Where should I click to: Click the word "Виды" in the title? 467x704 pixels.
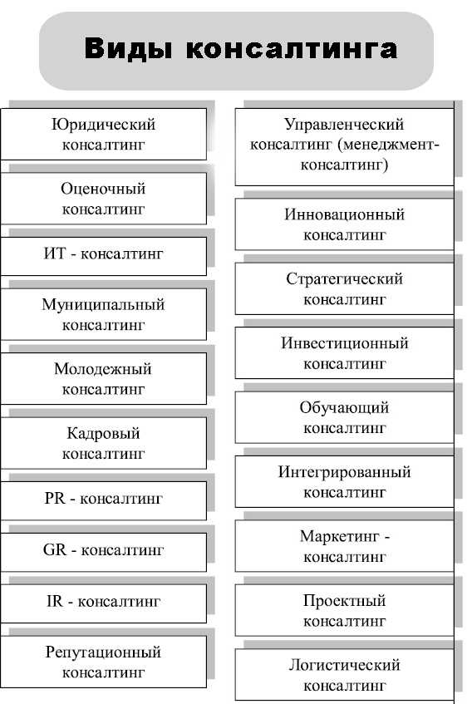tap(128, 48)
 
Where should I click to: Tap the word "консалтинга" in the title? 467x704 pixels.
tap(292, 49)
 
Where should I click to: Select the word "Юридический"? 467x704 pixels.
tap(103, 125)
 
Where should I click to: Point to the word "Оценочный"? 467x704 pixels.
tap(103, 189)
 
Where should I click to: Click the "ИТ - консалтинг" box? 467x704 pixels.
tap(104, 256)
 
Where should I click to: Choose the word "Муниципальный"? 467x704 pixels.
tap(103, 305)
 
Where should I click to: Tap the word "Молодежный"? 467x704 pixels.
tap(103, 369)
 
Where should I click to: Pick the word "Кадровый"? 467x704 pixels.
tap(103, 434)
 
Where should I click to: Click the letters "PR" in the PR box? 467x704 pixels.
tap(55, 499)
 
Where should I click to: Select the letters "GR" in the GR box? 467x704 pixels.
tap(55, 549)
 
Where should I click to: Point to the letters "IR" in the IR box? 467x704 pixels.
tap(55, 601)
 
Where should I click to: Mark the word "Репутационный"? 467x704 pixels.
tap(103, 652)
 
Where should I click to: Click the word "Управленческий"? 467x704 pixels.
tap(344, 125)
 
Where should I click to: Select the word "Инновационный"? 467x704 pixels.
tap(344, 214)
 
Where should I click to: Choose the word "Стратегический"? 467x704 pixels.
tap(344, 278)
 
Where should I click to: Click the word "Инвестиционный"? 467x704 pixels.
tap(345, 343)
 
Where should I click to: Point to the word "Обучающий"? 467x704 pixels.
tap(344, 407)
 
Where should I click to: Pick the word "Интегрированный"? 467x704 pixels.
tap(344, 472)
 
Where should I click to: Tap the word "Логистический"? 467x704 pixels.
tap(344, 665)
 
